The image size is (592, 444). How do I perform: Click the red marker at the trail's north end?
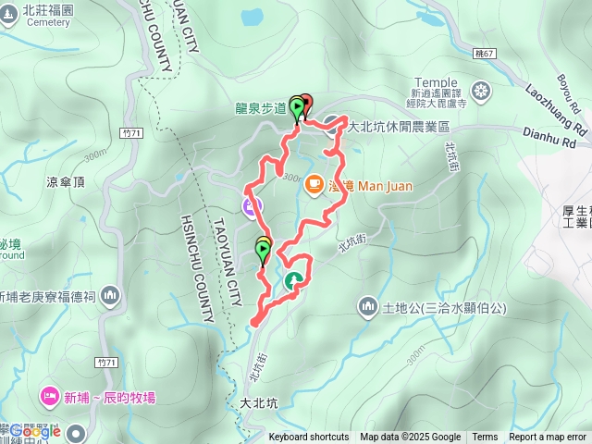(306, 104)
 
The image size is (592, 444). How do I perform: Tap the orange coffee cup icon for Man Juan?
(314, 184)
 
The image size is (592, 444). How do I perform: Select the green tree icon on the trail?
(294, 280)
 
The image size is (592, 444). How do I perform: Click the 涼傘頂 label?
(65, 183)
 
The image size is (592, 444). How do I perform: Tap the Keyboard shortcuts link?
(309, 438)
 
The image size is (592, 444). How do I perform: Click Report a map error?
(548, 438)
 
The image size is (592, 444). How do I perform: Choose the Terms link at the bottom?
(485, 438)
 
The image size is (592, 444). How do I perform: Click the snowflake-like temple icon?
(481, 91)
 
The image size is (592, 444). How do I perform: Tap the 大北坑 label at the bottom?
(259, 403)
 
